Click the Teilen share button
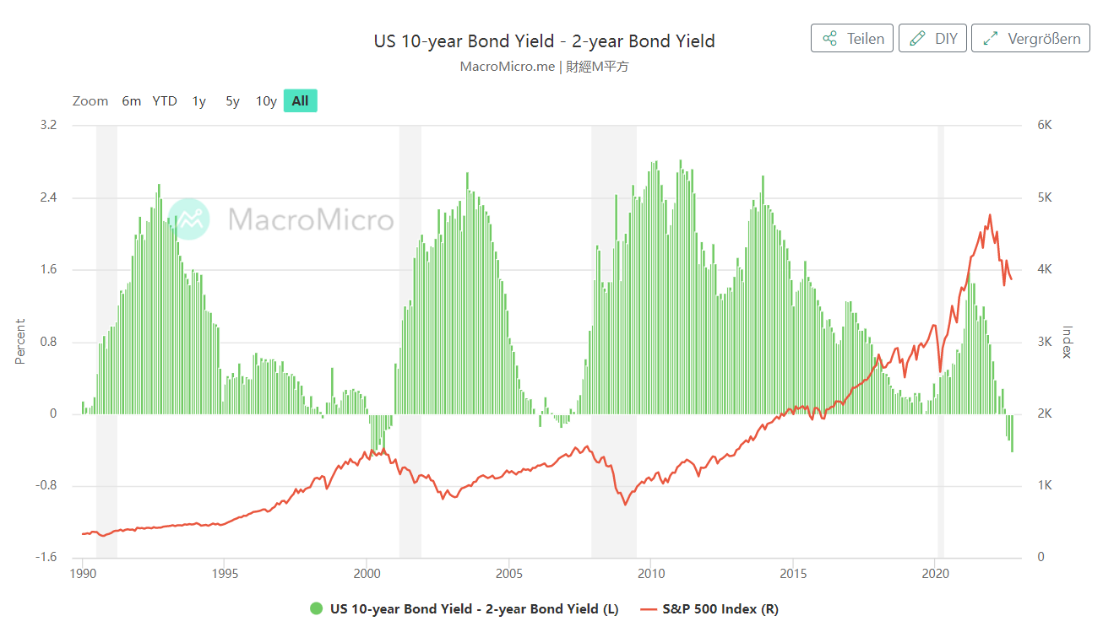click(x=851, y=39)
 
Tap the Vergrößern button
click(x=1030, y=39)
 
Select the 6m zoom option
click(x=131, y=101)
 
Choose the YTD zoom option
click(x=165, y=101)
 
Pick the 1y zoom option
click(x=198, y=101)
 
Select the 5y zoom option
click(x=232, y=101)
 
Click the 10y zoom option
click(x=266, y=101)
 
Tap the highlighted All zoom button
click(x=300, y=101)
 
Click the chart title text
click(x=544, y=41)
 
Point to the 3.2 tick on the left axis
click(x=48, y=125)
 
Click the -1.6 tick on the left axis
click(x=46, y=558)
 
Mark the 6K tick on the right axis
click(x=1044, y=125)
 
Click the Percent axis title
click(x=20, y=341)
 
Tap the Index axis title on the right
click(x=1067, y=341)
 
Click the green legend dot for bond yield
click(x=317, y=608)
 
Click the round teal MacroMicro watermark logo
click(x=188, y=219)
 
